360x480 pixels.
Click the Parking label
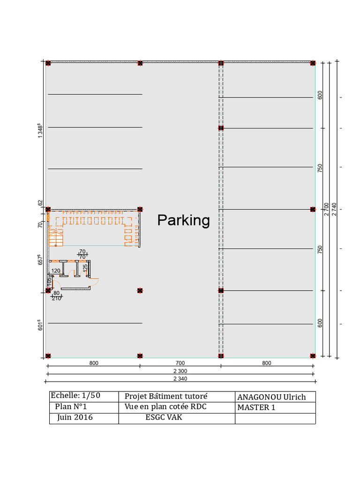pyautogui.click(x=183, y=220)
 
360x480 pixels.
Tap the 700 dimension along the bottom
pyautogui.click(x=180, y=363)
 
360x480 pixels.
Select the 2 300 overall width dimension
pyautogui.click(x=180, y=371)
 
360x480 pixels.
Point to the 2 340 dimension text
pyautogui.click(x=180, y=378)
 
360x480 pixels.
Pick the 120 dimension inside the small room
pyautogui.click(x=56, y=270)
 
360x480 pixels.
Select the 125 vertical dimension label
pyautogui.click(x=85, y=268)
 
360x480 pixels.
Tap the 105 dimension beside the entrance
pyautogui.click(x=49, y=282)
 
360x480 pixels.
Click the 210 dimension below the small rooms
pyautogui.click(x=56, y=298)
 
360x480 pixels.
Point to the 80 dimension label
pyautogui.click(x=56, y=293)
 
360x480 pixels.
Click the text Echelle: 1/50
pyautogui.click(x=75, y=396)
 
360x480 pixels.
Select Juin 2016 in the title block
pyautogui.click(x=75, y=417)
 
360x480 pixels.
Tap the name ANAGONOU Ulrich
pyautogui.click(x=271, y=397)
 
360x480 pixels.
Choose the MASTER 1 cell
pyautogui.click(x=256, y=407)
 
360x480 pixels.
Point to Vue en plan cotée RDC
pyautogui.click(x=165, y=406)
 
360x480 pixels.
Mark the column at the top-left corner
pyautogui.click(x=48, y=63)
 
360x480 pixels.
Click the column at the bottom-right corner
pyautogui.click(x=313, y=356)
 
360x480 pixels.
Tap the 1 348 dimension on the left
pyautogui.click(x=40, y=131)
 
